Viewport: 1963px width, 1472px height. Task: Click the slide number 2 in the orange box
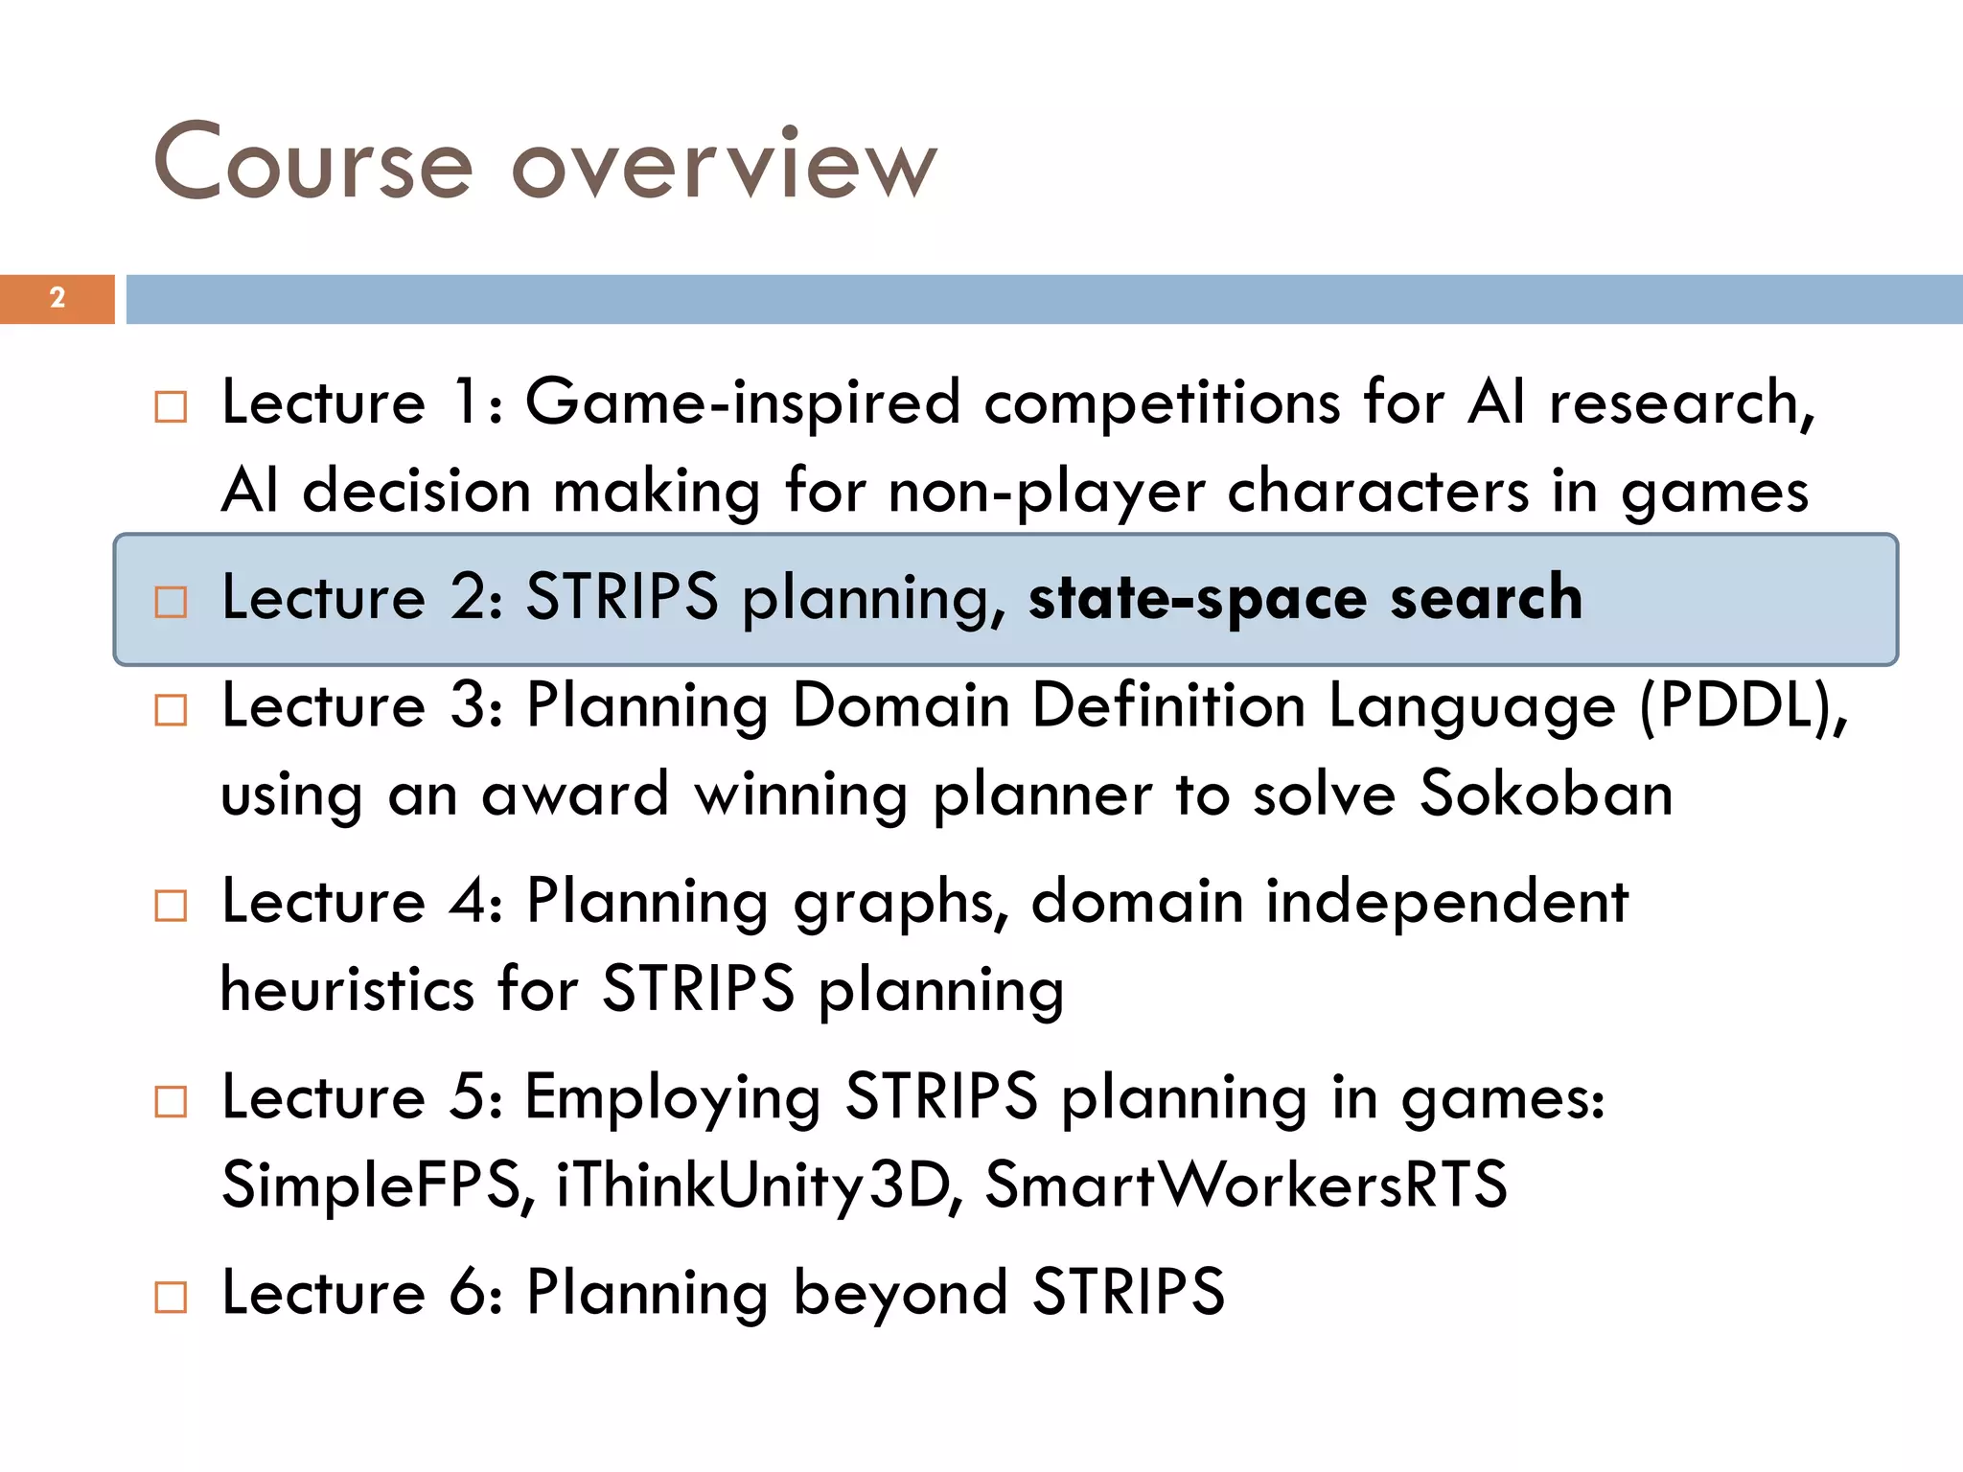pos(58,298)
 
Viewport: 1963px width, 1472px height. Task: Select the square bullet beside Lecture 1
pos(171,407)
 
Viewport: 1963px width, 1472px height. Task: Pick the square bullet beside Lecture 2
pos(171,603)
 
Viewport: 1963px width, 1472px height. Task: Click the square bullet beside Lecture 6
pos(171,1298)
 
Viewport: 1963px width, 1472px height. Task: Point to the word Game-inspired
pos(742,402)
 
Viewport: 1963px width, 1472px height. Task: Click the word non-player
pos(1045,493)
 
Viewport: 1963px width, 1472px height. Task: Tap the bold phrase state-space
pos(1197,599)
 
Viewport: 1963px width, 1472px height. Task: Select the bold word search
pos(1486,597)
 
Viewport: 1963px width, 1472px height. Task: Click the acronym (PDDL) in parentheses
pos(1743,707)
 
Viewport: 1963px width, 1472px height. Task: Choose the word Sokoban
pos(1545,794)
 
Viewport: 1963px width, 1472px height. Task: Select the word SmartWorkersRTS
pos(1246,1184)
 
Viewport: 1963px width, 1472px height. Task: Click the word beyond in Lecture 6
pos(900,1294)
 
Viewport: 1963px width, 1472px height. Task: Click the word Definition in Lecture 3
pos(1168,707)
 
